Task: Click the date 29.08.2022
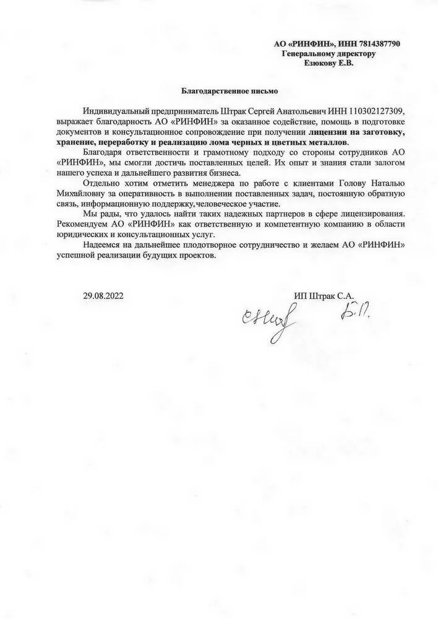click(103, 296)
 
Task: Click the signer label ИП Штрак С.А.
click(326, 296)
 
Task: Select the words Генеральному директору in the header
click(328, 54)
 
